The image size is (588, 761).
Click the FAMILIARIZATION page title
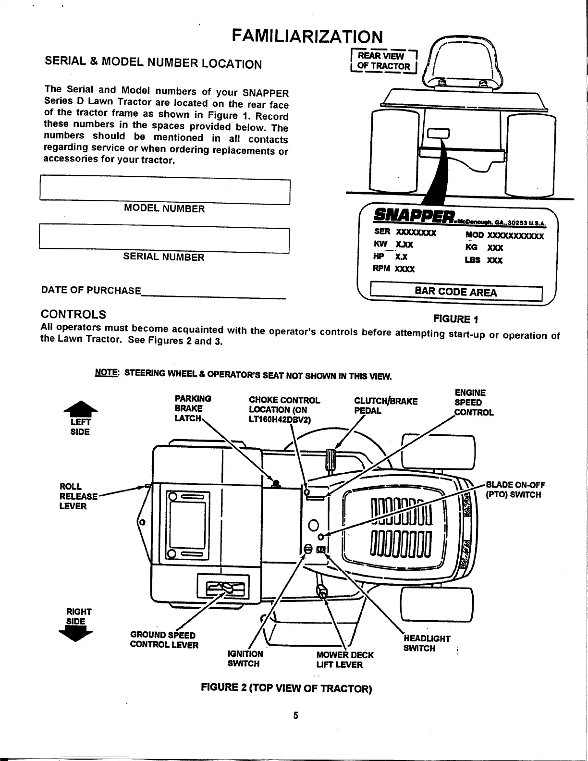click(x=307, y=36)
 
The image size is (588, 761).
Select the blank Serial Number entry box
click(x=164, y=240)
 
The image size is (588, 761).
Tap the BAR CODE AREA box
click(x=455, y=292)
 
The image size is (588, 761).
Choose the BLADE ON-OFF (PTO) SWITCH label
click(x=515, y=490)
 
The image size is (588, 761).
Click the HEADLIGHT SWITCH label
click(x=427, y=643)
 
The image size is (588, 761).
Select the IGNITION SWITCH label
click(x=245, y=659)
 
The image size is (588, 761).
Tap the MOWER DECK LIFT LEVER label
click(x=344, y=660)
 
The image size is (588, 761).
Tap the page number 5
click(x=296, y=715)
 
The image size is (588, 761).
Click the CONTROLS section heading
click(x=74, y=314)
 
